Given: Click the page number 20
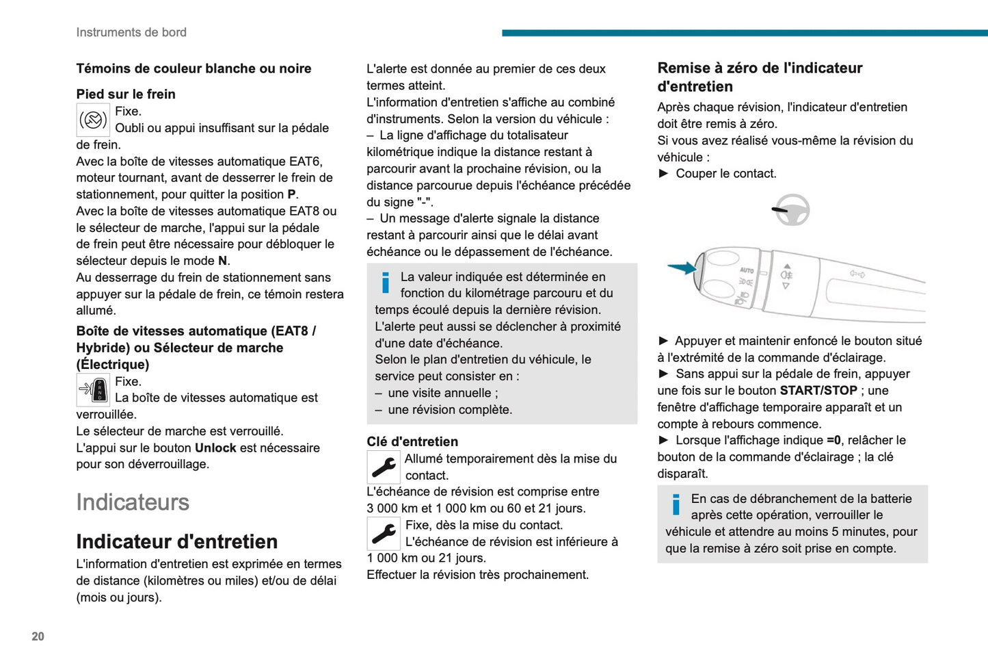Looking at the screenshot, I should (x=38, y=636).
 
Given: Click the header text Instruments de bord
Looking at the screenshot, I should (x=131, y=32).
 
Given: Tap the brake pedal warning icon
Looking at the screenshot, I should (x=93, y=120).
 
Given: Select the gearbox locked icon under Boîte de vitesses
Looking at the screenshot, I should (x=93, y=390).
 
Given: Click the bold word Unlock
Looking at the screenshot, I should (x=215, y=448).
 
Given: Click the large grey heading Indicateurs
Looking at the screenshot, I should (x=133, y=502).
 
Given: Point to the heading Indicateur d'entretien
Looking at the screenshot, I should (x=176, y=541).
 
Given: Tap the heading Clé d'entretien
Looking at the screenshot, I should (x=412, y=441).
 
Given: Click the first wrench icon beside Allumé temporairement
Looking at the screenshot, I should (x=384, y=467).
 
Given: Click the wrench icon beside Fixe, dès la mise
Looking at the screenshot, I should (x=384, y=533).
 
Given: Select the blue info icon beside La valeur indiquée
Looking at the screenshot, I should (x=386, y=283).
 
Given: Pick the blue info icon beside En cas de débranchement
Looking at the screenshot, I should (x=676, y=504).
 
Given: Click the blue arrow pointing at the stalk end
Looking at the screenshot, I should (x=681, y=268).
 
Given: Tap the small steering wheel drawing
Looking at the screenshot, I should (x=792, y=210).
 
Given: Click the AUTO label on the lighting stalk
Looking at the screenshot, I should (x=747, y=270).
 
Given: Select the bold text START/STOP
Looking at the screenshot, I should (x=818, y=391).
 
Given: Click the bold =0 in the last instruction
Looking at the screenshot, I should (x=833, y=440).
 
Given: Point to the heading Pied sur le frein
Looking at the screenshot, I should (x=126, y=94).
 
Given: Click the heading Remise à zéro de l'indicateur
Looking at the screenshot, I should (x=759, y=77).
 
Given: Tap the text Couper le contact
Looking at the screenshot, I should (x=725, y=173).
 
